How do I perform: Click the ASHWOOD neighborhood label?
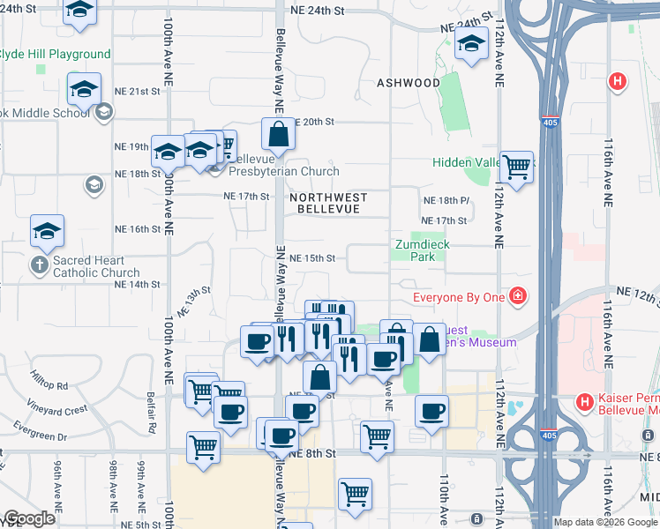(x=409, y=83)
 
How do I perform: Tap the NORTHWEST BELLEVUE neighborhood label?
(x=327, y=204)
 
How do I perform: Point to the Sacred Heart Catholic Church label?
(x=95, y=267)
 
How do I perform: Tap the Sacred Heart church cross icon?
(x=40, y=264)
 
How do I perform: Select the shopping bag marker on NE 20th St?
(x=279, y=134)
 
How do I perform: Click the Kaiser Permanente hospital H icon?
(x=583, y=402)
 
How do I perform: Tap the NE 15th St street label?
(x=313, y=258)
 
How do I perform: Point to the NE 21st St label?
(x=138, y=91)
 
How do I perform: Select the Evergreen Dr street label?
(x=40, y=436)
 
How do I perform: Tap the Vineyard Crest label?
(x=57, y=410)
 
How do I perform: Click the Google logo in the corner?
(x=29, y=519)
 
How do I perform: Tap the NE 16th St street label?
(x=138, y=228)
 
